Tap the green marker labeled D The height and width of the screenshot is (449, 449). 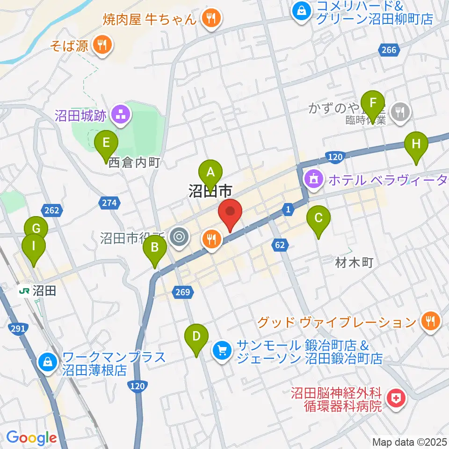197,336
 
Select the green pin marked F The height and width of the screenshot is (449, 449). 372,102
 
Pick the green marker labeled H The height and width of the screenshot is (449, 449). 416,144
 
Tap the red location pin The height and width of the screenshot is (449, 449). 230,212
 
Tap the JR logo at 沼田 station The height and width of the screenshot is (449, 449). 24,291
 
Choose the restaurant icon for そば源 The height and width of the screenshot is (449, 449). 101,45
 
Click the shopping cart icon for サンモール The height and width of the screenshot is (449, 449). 222,349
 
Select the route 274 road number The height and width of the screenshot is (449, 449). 109,203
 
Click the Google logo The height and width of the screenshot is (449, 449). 31,437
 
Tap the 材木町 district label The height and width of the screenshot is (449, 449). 354,263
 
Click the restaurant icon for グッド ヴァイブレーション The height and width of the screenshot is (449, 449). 429,321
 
